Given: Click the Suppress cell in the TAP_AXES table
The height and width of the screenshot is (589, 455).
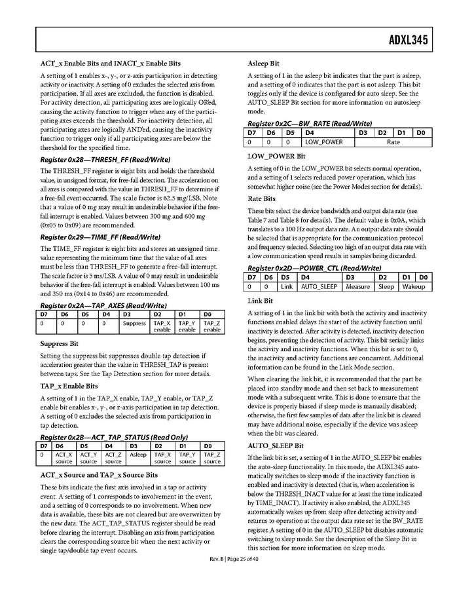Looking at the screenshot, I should click(134, 323).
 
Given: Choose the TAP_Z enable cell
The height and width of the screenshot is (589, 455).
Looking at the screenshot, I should click(211, 326).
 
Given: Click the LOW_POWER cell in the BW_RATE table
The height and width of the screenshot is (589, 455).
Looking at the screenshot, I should click(323, 142).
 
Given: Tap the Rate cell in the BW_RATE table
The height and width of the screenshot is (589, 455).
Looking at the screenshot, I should click(393, 142).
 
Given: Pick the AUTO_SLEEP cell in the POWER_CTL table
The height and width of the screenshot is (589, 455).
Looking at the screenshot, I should click(319, 286).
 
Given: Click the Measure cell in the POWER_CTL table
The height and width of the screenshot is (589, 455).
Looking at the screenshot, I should click(357, 286).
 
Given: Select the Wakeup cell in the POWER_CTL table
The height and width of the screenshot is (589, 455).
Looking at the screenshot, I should click(413, 286).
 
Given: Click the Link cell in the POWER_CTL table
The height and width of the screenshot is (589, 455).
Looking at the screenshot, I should click(287, 286).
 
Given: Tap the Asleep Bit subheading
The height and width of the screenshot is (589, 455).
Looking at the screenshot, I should click(263, 64).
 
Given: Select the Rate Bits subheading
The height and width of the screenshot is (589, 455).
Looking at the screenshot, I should click(261, 199).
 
